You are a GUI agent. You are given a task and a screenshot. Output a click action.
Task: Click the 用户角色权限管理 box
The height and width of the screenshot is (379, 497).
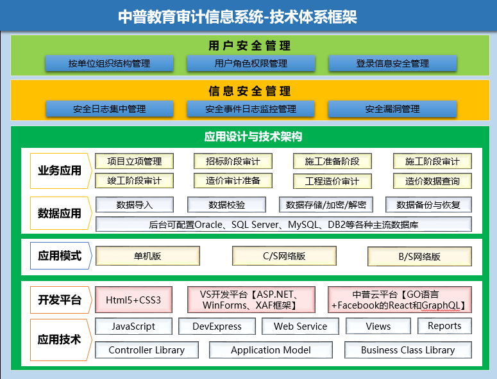(251, 63)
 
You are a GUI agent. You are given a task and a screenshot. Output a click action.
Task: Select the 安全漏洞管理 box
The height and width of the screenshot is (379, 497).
(392, 109)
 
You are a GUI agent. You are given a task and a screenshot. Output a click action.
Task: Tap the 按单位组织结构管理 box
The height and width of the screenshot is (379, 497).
(110, 63)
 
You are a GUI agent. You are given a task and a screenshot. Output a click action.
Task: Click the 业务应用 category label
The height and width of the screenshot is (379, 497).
(61, 171)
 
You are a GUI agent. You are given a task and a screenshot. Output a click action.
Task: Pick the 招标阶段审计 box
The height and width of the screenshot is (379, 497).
(233, 161)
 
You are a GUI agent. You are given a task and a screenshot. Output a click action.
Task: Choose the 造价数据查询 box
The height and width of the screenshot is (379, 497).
(432, 181)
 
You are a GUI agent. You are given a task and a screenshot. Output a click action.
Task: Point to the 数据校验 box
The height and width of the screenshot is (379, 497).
(226, 205)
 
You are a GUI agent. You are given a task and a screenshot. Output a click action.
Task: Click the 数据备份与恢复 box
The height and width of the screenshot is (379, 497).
(428, 205)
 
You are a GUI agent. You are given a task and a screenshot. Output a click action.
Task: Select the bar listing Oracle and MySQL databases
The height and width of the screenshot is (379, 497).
(283, 224)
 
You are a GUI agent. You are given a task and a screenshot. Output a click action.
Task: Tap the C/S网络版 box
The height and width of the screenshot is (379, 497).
(284, 256)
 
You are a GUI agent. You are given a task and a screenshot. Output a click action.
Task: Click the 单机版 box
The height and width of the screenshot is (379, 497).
(147, 256)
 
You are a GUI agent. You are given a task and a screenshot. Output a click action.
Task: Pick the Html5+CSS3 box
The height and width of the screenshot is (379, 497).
(134, 300)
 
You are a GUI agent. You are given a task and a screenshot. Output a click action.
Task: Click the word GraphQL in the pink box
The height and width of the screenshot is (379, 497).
(441, 305)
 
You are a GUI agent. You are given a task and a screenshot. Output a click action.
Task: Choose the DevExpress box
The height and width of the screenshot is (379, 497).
(217, 326)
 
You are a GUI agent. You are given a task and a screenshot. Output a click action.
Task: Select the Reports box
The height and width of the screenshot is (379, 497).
(444, 326)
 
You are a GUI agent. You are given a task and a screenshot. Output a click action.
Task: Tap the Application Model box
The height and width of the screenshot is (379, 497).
(271, 350)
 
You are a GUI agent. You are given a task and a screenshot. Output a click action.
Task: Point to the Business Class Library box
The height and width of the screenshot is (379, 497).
(409, 350)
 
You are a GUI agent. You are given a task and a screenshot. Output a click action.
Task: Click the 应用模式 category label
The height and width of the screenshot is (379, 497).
(61, 255)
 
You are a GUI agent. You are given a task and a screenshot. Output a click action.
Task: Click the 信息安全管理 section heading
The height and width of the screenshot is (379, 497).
(249, 91)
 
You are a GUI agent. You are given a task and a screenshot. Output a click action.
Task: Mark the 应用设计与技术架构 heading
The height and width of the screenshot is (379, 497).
(253, 136)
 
